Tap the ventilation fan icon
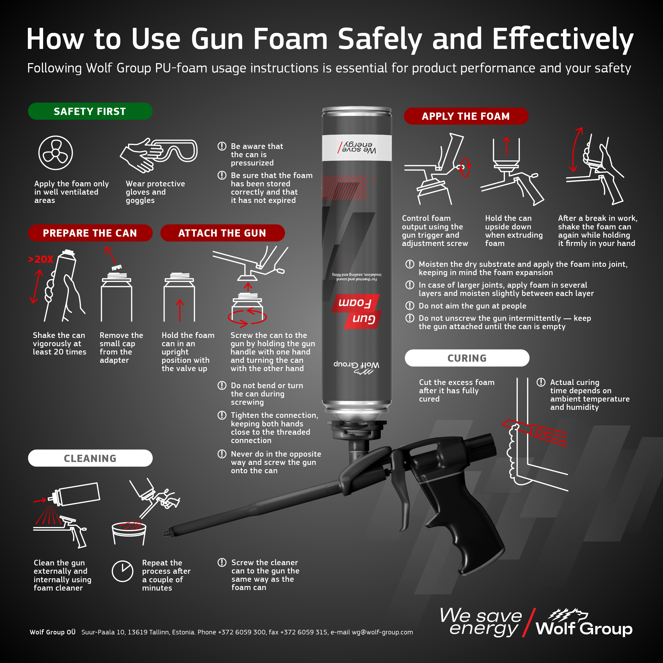coord(56,153)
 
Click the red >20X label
coord(41,259)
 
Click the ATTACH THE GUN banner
coord(222,233)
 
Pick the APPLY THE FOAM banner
coord(466,116)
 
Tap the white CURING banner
coord(467,358)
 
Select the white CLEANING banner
coord(90,458)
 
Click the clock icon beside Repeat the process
coord(122,571)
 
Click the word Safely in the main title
coord(380,40)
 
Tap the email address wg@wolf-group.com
coord(382,632)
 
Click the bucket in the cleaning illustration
coord(129,533)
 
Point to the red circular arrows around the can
coord(247,317)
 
